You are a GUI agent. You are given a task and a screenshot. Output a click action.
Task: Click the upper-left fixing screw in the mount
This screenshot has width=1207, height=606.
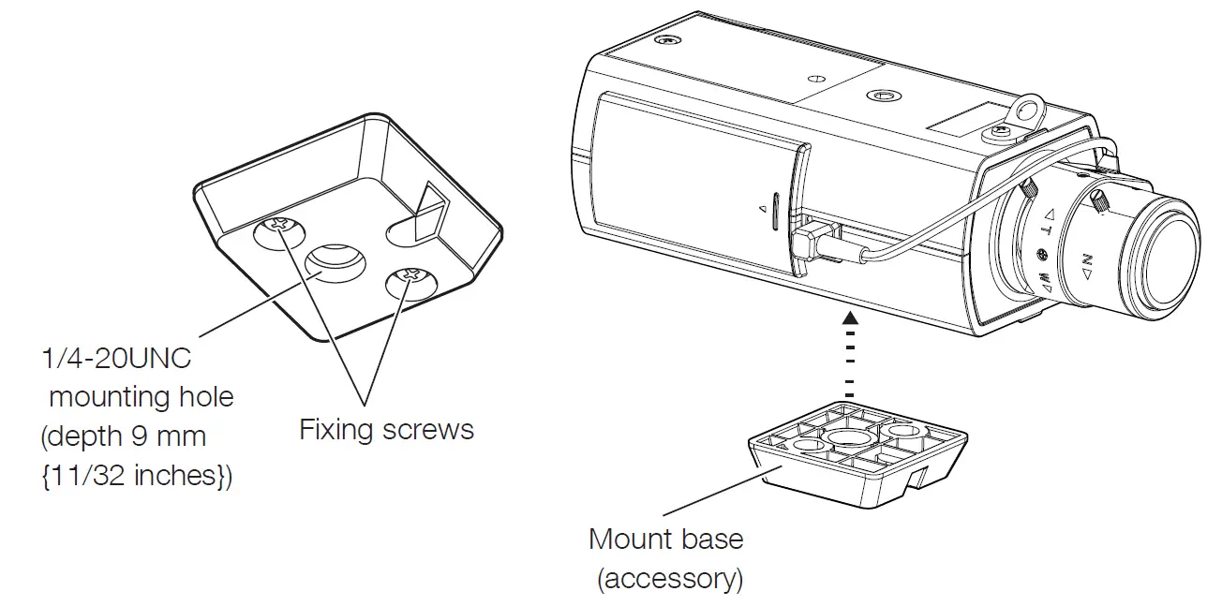(x=278, y=226)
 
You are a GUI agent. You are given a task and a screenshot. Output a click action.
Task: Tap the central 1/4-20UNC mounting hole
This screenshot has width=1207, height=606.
(x=336, y=261)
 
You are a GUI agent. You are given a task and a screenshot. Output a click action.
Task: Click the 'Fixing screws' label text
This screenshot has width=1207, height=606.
(x=386, y=430)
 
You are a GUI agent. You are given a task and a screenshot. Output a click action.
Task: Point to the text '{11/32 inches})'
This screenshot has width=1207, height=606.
(x=137, y=476)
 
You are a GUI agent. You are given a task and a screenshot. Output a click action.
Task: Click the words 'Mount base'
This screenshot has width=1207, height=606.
(x=665, y=539)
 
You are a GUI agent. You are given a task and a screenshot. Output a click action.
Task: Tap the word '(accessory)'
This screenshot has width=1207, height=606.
(x=670, y=579)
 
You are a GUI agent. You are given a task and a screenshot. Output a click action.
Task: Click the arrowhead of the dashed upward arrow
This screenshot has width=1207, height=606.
(x=850, y=318)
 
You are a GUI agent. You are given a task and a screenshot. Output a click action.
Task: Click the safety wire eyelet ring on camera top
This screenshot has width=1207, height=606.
(x=1029, y=110)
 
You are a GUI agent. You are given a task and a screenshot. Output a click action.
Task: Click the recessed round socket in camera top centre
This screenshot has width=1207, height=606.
(x=882, y=96)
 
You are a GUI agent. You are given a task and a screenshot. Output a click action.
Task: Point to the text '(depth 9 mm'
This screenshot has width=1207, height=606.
(x=124, y=436)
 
